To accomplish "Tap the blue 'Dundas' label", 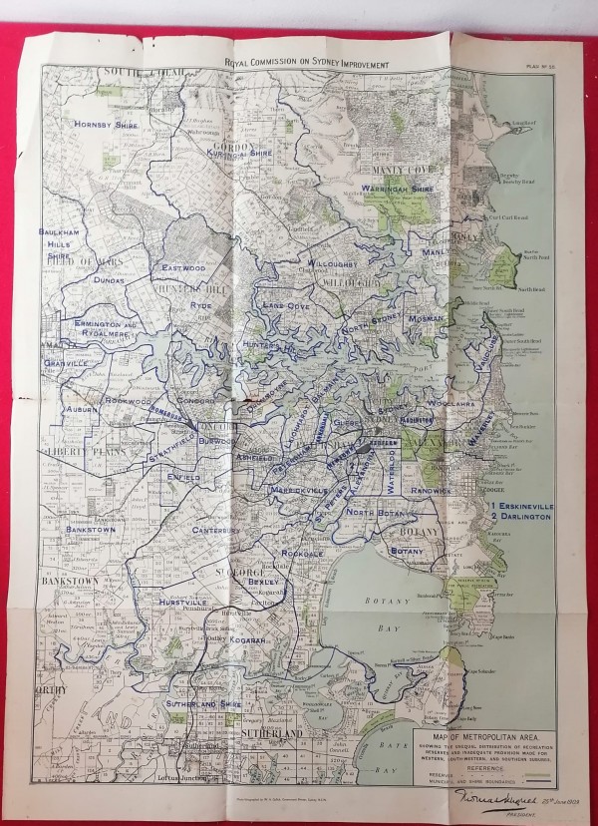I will [109, 281].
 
